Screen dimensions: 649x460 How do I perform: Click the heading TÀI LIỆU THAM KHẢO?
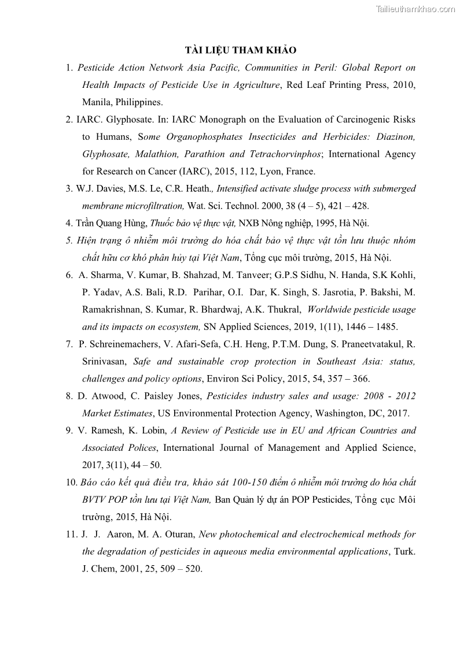(240, 50)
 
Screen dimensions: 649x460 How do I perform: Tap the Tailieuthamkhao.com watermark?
(415, 9)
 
